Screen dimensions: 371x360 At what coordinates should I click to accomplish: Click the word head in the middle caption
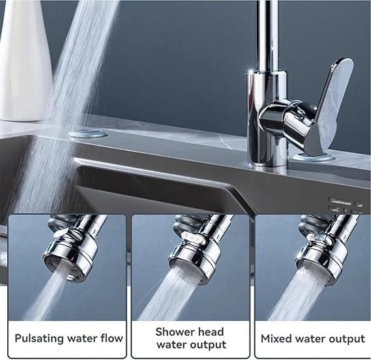[x=211, y=331]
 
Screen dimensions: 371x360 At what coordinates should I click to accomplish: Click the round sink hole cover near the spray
[x=87, y=133]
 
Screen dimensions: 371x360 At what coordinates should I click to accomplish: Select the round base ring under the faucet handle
[x=314, y=157]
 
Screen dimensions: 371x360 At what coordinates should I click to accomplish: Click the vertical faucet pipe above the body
[x=267, y=35]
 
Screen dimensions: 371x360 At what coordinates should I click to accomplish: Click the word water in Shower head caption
[x=170, y=344]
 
